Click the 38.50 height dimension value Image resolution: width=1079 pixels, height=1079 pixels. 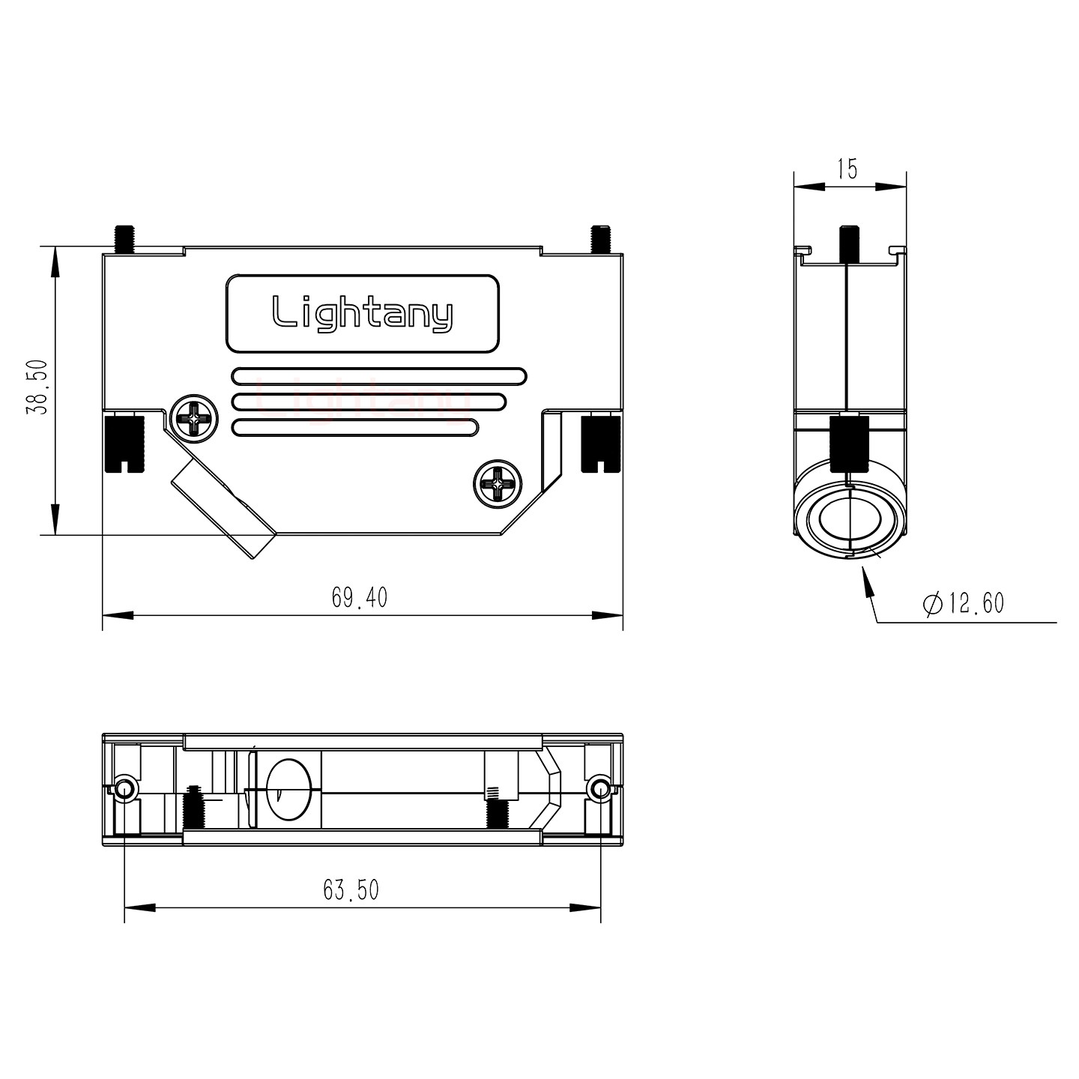(37, 387)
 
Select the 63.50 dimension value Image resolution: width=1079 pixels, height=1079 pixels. (351, 889)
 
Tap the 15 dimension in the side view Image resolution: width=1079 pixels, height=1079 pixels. (847, 169)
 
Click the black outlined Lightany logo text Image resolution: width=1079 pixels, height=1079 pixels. (362, 313)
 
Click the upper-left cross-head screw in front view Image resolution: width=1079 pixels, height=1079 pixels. (193, 417)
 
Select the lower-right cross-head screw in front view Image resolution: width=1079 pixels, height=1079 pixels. (497, 482)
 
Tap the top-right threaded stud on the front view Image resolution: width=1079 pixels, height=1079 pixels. (599, 238)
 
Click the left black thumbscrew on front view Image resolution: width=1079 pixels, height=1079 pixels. (123, 443)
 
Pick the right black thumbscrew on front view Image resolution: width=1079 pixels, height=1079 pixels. (600, 443)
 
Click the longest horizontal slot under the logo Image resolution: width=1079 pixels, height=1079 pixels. (379, 375)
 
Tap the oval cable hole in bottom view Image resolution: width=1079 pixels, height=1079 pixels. (288, 790)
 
